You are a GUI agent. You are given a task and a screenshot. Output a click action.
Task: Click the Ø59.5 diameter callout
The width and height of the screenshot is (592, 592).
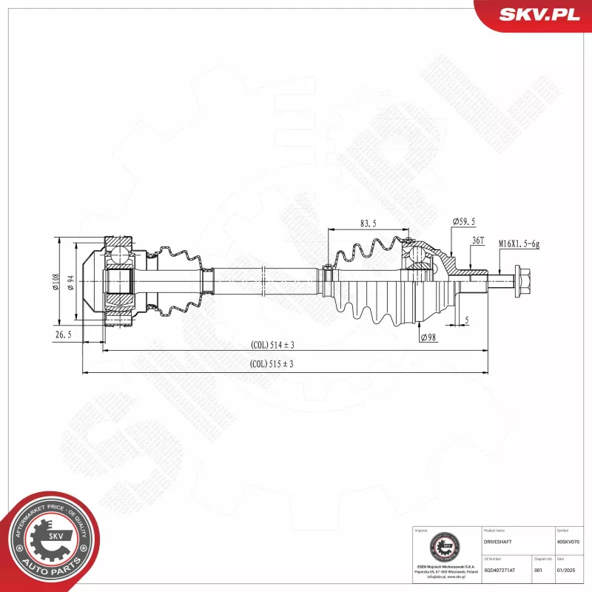pyautogui.click(x=463, y=222)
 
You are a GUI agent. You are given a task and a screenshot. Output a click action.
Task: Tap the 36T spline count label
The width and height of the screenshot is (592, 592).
pyautogui.click(x=477, y=240)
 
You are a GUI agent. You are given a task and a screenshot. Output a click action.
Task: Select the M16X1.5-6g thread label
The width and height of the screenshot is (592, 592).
pyautogui.click(x=518, y=243)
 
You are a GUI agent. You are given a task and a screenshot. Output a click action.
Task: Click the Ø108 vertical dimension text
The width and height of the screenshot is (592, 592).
pyautogui.click(x=55, y=282)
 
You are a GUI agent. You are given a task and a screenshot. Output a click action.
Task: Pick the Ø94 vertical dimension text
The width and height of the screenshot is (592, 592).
pyautogui.click(x=72, y=282)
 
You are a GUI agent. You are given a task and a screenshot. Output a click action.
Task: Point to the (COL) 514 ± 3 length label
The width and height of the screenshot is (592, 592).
pyautogui.click(x=272, y=345)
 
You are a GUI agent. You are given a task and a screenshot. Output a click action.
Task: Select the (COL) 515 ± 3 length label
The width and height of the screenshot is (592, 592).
pyautogui.click(x=272, y=363)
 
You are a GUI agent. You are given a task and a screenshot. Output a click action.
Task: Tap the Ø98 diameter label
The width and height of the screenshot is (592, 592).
pyautogui.click(x=427, y=337)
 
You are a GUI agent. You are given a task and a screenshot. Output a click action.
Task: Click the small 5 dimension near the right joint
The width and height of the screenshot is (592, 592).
pyautogui.click(x=467, y=320)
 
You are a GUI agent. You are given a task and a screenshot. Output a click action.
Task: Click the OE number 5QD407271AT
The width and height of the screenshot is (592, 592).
pyautogui.click(x=500, y=571)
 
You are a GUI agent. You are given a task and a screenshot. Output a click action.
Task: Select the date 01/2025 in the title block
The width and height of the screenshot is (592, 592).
pyautogui.click(x=565, y=571)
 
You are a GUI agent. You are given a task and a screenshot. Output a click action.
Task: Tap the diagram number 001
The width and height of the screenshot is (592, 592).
pyautogui.click(x=539, y=571)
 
